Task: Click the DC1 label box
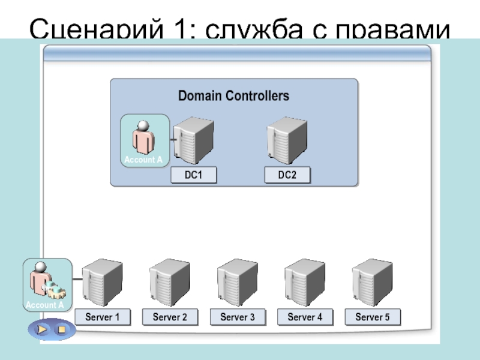(193, 175)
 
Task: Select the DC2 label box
(287, 175)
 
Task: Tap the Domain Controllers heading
(234, 95)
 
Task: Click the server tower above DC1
(193, 142)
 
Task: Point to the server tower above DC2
(287, 142)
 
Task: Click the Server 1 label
(103, 317)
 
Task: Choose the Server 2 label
(170, 317)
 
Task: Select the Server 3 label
(238, 317)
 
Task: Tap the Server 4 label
(305, 317)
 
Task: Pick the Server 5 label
(373, 317)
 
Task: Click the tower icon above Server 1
(102, 283)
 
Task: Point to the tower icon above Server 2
(170, 283)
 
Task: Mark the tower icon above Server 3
(238, 283)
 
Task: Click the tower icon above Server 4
(305, 283)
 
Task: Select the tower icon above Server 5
(372, 283)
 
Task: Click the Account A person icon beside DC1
(144, 140)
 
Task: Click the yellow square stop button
(61, 330)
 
